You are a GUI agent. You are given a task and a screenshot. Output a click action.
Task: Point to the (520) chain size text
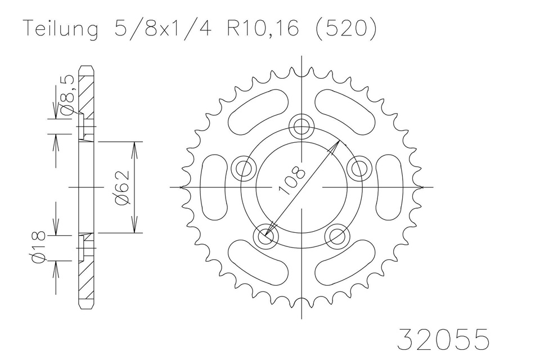(x=344, y=29)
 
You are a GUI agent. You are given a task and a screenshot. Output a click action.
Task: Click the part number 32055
(x=443, y=340)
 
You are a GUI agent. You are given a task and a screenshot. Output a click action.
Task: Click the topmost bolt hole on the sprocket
(x=302, y=125)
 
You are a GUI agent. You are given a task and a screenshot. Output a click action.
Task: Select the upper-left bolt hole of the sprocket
(x=244, y=167)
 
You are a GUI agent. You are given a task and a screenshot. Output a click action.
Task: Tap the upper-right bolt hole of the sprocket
(x=357, y=167)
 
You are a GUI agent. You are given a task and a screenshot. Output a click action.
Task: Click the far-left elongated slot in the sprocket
(x=213, y=187)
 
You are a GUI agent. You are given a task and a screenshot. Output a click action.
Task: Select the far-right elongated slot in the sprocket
(x=391, y=187)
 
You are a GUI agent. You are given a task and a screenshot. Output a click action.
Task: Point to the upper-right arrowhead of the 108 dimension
(x=337, y=145)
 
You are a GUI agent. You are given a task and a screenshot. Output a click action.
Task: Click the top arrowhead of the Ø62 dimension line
(x=134, y=146)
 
